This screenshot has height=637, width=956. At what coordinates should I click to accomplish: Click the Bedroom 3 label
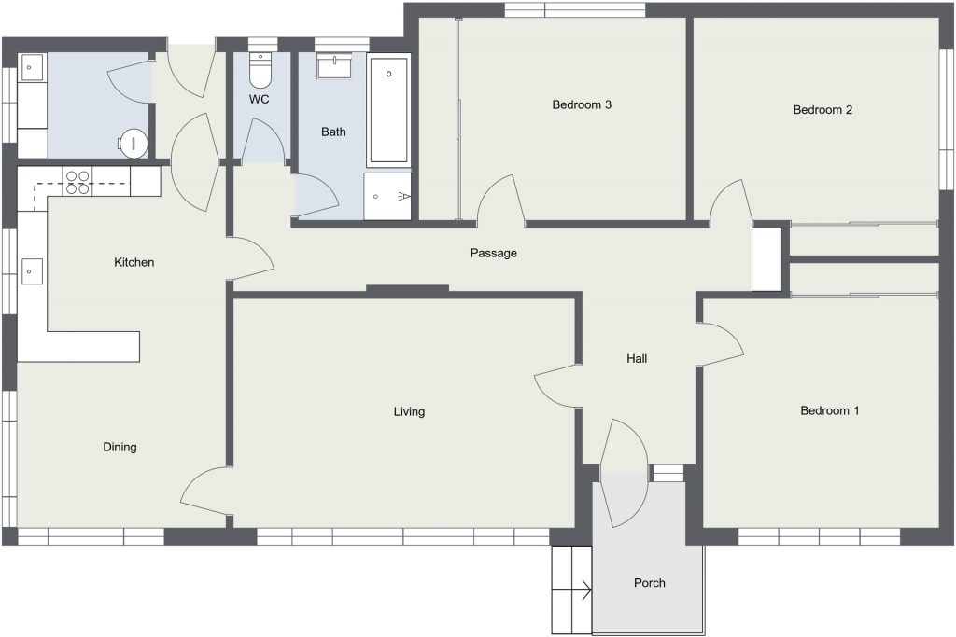click(582, 104)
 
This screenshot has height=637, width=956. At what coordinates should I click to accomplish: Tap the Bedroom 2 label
click(822, 110)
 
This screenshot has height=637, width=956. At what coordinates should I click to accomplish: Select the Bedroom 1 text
click(829, 410)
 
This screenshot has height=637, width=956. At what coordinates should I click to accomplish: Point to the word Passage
click(493, 253)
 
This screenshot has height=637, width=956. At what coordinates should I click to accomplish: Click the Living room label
click(409, 411)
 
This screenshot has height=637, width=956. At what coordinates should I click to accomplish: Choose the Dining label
click(119, 447)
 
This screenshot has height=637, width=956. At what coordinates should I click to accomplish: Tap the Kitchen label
click(134, 262)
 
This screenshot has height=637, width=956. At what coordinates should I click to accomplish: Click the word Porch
click(650, 583)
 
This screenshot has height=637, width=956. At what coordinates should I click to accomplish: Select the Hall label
click(637, 359)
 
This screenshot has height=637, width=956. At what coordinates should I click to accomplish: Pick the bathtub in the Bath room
click(388, 111)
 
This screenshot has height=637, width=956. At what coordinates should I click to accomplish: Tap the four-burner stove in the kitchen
click(77, 182)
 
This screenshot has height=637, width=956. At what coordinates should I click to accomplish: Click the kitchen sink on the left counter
click(32, 271)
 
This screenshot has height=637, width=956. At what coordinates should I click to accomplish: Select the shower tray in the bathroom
click(387, 196)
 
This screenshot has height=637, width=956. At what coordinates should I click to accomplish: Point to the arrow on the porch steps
click(572, 590)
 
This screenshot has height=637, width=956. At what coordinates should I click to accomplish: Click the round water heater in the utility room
click(133, 144)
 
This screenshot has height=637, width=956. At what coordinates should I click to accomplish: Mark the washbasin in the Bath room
click(333, 66)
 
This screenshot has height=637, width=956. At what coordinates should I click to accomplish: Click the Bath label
click(333, 132)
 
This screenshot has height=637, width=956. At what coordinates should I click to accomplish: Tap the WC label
click(260, 99)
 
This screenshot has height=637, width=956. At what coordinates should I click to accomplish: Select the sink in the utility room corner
click(32, 67)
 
